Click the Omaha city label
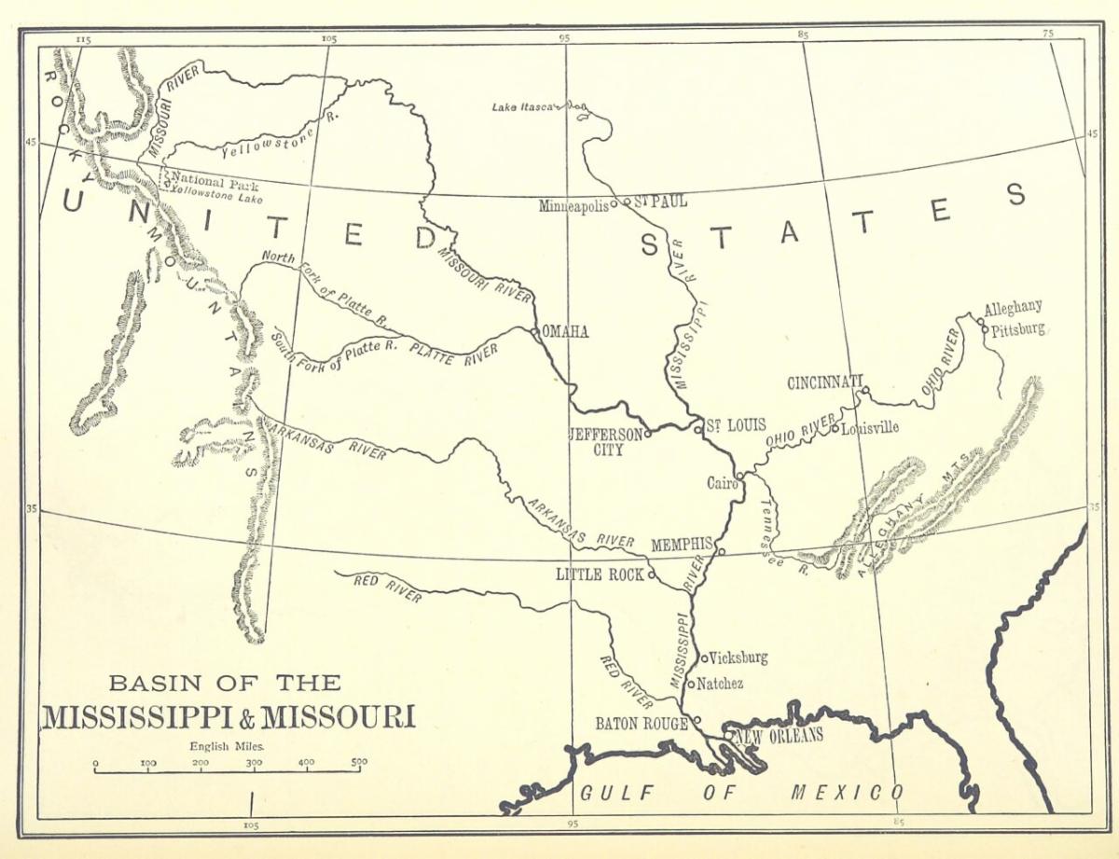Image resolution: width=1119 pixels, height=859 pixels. pyautogui.click(x=566, y=332)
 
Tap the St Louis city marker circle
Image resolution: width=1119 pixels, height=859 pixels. pyautogui.click(x=698, y=429)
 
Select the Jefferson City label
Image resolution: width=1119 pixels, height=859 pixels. pyautogui.click(x=606, y=441)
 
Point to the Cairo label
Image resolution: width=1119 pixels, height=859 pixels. pyautogui.click(x=721, y=483)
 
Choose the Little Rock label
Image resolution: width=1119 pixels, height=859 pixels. pyautogui.click(x=600, y=575)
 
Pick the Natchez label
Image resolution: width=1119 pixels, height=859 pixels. pyautogui.click(x=720, y=684)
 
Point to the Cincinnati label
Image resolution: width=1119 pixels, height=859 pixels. pyautogui.click(x=824, y=383)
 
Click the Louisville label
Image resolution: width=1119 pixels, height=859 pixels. pyautogui.click(x=870, y=428)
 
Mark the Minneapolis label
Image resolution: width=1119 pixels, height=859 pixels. pyautogui.click(x=573, y=206)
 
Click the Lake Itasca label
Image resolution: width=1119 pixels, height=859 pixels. pyautogui.click(x=524, y=108)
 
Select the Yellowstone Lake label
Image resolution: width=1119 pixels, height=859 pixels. pyautogui.click(x=216, y=199)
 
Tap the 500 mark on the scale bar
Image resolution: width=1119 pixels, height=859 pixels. pyautogui.click(x=359, y=762)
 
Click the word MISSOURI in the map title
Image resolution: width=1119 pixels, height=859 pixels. pyautogui.click(x=338, y=718)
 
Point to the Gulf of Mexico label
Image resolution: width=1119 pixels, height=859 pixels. pyautogui.click(x=741, y=794)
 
